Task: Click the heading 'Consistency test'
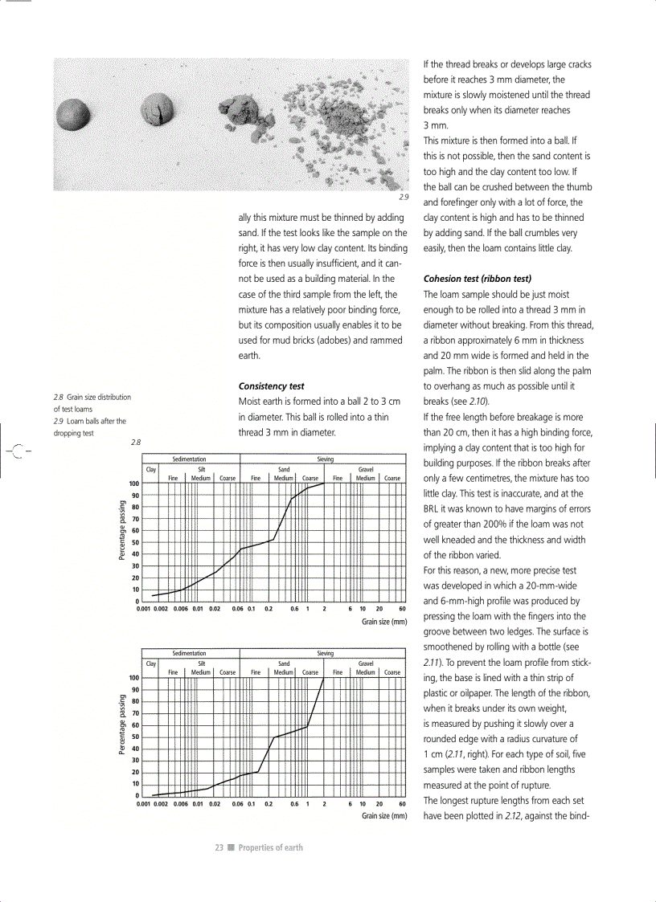pos(271,386)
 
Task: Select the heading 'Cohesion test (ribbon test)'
pos(477,279)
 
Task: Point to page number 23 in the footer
pos(219,847)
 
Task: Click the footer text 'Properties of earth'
pos(271,847)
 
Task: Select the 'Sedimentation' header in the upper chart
pos(190,459)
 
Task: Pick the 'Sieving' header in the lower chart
pos(326,654)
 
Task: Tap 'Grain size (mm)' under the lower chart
pos(384,816)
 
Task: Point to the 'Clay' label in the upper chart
pos(150,468)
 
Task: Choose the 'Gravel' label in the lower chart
pos(366,663)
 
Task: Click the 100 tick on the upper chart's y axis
pos(134,484)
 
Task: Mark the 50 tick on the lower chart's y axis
pos(136,737)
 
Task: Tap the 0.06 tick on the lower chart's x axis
pos(237,803)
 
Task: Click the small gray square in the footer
pos(231,847)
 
